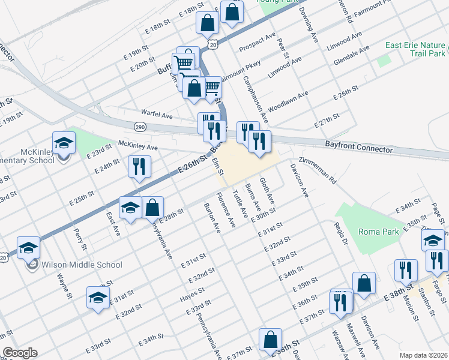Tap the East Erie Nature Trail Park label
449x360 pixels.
click(x=415, y=49)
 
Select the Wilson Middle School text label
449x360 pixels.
click(x=82, y=265)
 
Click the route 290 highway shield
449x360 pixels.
click(x=140, y=127)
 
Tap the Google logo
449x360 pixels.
click(x=20, y=353)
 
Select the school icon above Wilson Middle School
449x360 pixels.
click(x=28, y=248)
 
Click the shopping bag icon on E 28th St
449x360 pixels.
click(x=153, y=208)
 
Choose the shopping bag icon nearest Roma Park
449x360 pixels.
click(x=364, y=283)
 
